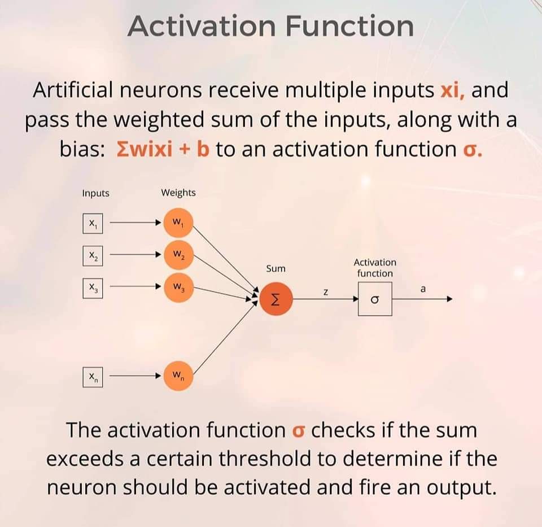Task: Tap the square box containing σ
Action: tap(374, 299)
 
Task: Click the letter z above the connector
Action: tap(326, 292)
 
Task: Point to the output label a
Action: tap(423, 289)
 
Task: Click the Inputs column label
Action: tap(95, 193)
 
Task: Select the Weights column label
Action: tap(178, 193)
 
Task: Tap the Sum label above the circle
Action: tap(276, 268)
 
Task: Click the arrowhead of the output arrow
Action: tap(450, 299)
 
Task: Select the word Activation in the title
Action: tap(200, 26)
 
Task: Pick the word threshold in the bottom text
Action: tap(265, 458)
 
